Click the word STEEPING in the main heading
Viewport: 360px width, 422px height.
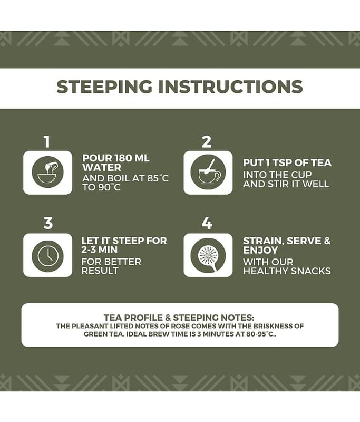click(x=104, y=87)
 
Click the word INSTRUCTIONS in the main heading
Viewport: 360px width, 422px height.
click(x=231, y=87)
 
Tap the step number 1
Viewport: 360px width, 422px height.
click(x=47, y=141)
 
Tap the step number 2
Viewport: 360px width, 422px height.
click(x=207, y=141)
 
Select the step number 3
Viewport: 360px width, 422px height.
click(x=48, y=223)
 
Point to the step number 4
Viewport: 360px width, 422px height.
click(x=207, y=223)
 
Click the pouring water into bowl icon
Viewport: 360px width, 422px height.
click(x=48, y=172)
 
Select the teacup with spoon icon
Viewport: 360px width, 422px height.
click(x=208, y=172)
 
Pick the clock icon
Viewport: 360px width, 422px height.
click(x=48, y=255)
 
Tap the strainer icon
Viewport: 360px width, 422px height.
click(x=208, y=255)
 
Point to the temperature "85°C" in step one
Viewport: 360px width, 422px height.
click(x=158, y=178)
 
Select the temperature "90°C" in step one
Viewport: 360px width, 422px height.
click(x=110, y=187)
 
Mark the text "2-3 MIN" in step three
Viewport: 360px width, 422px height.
click(x=100, y=250)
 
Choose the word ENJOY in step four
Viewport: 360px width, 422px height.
click(x=260, y=250)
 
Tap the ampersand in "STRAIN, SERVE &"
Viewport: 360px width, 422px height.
click(x=327, y=241)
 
